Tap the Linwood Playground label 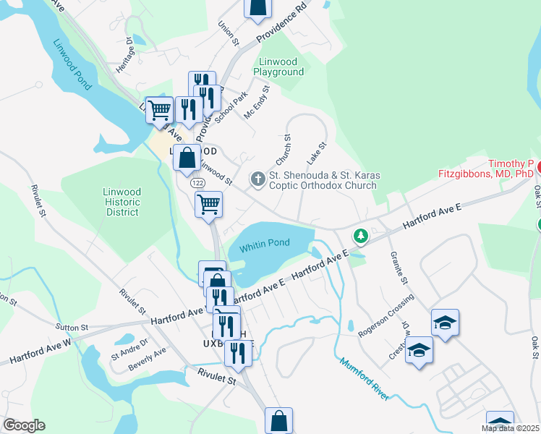click(278, 67)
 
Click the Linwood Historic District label click(122, 202)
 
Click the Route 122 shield click(197, 184)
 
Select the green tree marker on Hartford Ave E click(360, 237)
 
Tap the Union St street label click(233, 33)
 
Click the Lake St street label click(317, 153)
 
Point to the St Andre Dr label click(129, 347)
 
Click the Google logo click(24, 425)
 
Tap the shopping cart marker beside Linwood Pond click(160, 111)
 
